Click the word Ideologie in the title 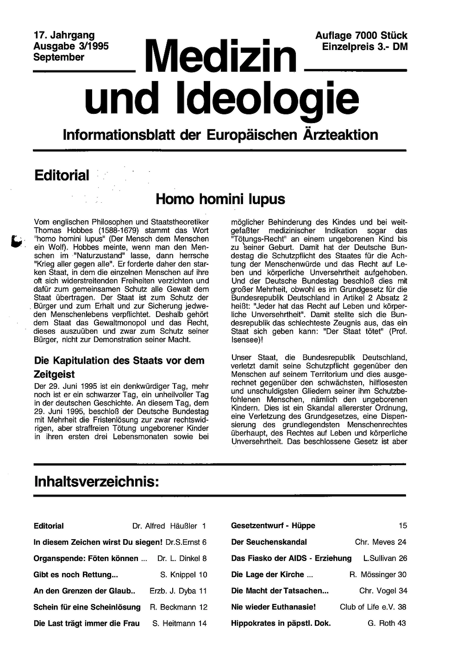pyautogui.click(x=267, y=98)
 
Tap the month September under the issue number pyautogui.click(x=59, y=57)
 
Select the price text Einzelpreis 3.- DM pyautogui.click(x=365, y=47)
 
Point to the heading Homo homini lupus pyautogui.click(x=220, y=199)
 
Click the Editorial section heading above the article pyautogui.click(x=62, y=175)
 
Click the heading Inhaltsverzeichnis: pyautogui.click(x=96, y=482)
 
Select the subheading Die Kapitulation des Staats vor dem pyautogui.click(x=119, y=361)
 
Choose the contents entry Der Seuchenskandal pyautogui.click(x=269, y=542)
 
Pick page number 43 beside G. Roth pyautogui.click(x=401, y=623)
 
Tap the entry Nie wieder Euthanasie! pyautogui.click(x=273, y=607)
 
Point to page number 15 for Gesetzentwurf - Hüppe pyautogui.click(x=402, y=526)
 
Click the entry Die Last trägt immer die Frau pyautogui.click(x=87, y=623)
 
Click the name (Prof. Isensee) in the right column pyautogui.click(x=398, y=331)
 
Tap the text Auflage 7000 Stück pyautogui.click(x=361, y=36)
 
